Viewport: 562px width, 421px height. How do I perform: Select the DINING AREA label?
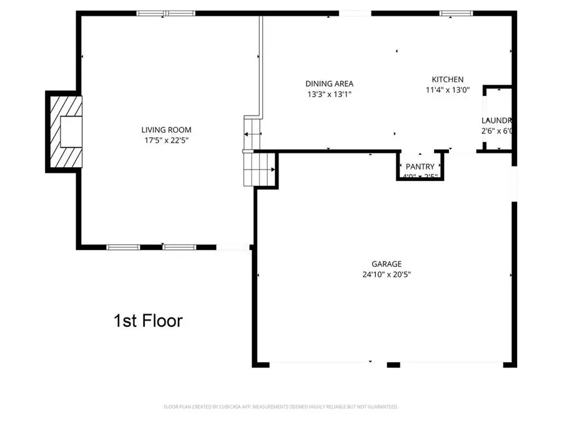329,84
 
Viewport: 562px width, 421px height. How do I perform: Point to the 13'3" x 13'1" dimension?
329,95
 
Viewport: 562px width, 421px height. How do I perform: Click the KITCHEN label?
448,79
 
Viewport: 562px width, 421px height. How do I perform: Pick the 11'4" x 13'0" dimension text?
448,90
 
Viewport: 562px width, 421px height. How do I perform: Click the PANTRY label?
420,167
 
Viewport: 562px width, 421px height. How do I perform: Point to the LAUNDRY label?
497,120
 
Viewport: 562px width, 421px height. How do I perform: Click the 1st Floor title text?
148,321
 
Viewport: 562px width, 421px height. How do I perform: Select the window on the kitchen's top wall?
456,12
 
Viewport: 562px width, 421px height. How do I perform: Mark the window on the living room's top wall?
166,12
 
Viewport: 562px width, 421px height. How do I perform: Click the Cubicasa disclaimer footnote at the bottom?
280,407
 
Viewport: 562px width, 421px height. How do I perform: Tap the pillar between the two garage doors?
393,364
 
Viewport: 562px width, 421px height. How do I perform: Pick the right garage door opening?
451,364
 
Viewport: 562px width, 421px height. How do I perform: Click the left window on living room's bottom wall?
124,247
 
